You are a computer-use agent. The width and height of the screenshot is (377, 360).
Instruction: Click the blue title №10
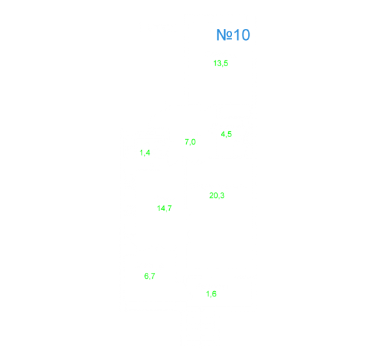[233, 35]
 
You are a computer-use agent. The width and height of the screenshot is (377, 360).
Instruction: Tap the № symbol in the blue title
[225, 35]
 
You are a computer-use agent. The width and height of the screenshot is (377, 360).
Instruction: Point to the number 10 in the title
[242, 35]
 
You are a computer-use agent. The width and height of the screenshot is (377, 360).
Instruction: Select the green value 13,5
[220, 63]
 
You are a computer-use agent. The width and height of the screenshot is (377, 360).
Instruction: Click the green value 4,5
[226, 134]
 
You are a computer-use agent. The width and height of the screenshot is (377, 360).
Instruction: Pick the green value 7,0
[190, 142]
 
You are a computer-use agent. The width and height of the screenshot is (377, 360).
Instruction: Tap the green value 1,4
[145, 153]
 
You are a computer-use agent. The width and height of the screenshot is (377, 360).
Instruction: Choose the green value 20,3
[216, 195]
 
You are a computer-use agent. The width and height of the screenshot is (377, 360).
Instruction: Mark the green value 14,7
[164, 209]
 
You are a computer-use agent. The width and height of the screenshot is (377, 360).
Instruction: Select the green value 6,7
[149, 276]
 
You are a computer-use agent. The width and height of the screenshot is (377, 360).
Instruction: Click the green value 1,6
[211, 294]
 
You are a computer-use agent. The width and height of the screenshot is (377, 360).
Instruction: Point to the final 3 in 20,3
[222, 195]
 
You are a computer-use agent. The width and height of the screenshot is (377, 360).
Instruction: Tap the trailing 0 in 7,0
[193, 142]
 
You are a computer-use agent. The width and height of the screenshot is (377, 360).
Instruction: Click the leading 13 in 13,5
[217, 63]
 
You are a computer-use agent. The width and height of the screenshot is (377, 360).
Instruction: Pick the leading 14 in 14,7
[161, 208]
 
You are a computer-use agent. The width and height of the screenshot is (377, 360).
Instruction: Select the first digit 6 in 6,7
[146, 276]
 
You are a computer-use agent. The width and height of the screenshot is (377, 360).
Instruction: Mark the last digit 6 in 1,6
[214, 294]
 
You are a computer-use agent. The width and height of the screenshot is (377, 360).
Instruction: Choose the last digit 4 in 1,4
[148, 153]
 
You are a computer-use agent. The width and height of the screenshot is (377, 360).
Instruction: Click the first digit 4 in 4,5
[223, 134]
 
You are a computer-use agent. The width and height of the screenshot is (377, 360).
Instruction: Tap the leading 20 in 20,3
[214, 195]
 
